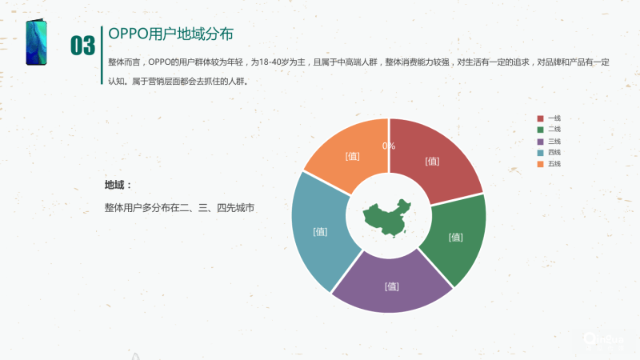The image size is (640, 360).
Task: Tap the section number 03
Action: tap(82, 46)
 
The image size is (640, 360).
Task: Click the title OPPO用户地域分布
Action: tap(171, 36)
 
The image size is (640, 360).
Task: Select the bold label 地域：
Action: tap(118, 186)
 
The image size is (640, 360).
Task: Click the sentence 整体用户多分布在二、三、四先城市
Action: tap(179, 207)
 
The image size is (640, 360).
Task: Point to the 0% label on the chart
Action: tap(389, 146)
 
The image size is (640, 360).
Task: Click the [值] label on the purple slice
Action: tap(391, 286)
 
